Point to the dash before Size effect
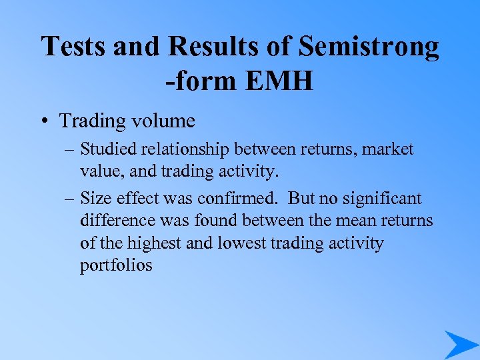[69, 198]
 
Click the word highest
[159, 243]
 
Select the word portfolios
[116, 266]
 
